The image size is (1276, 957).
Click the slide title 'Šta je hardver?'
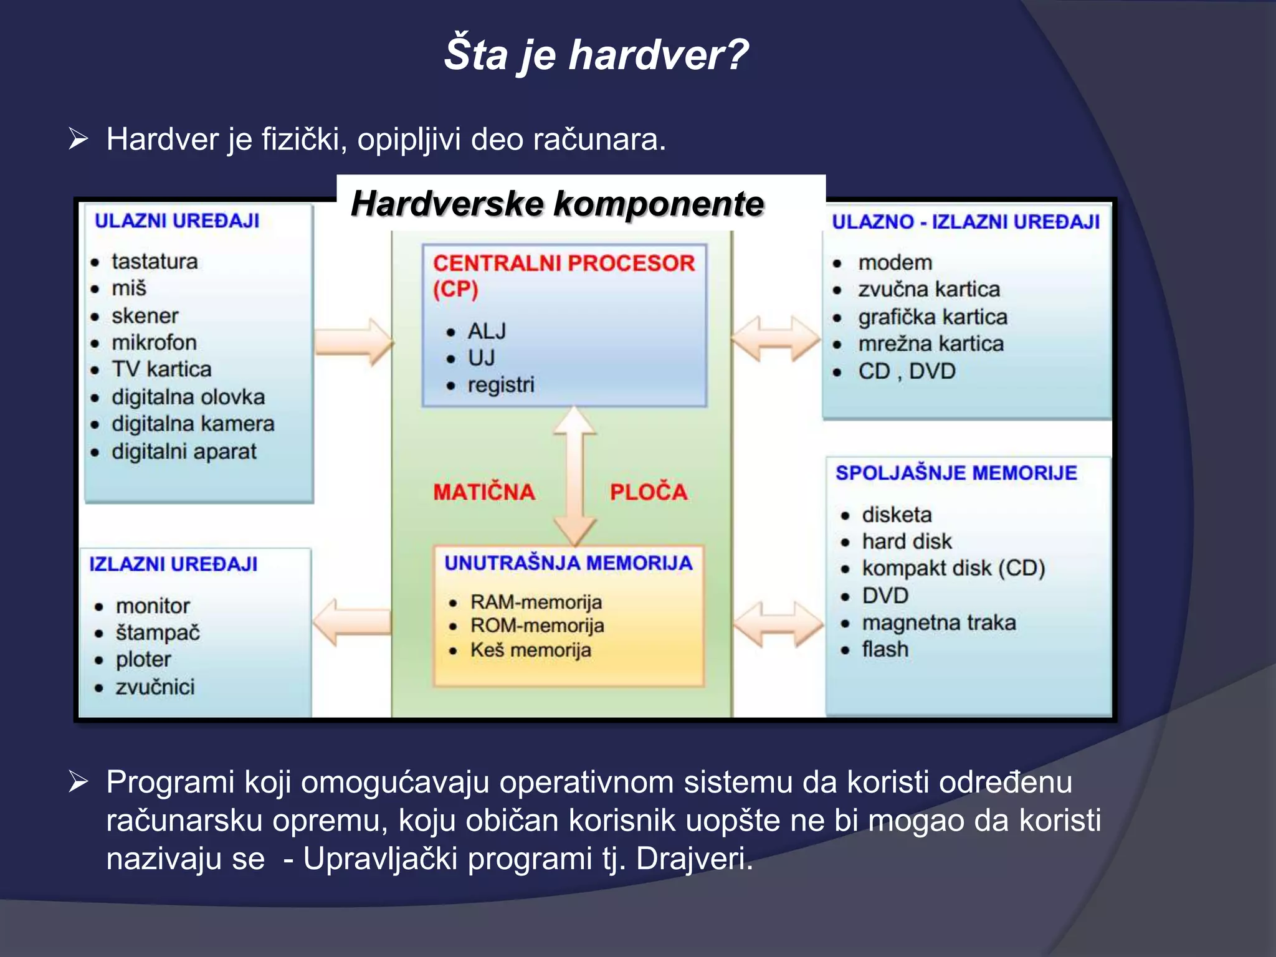596,55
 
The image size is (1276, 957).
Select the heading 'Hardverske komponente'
557,204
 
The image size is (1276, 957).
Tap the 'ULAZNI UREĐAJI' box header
177,221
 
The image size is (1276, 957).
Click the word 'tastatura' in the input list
155,261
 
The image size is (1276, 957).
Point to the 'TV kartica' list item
161,369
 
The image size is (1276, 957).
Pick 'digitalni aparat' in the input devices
184,451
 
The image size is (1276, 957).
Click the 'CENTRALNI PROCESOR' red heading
563,263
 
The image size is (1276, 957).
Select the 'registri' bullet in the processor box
500,384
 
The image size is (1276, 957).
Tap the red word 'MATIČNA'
484,492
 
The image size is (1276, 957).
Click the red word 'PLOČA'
649,492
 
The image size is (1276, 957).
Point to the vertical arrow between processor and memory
574,477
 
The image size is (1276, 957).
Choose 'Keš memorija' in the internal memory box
530,650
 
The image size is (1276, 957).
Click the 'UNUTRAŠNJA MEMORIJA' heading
568,563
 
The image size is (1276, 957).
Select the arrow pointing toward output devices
352,622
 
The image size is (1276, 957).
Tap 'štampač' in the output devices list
158,632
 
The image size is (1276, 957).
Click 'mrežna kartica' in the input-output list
931,344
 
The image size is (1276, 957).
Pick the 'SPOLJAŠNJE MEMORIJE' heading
956,473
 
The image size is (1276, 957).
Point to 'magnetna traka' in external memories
938,622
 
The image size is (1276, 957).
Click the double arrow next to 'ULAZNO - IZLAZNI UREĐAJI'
775,338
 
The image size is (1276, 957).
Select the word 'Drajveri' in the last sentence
693,859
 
